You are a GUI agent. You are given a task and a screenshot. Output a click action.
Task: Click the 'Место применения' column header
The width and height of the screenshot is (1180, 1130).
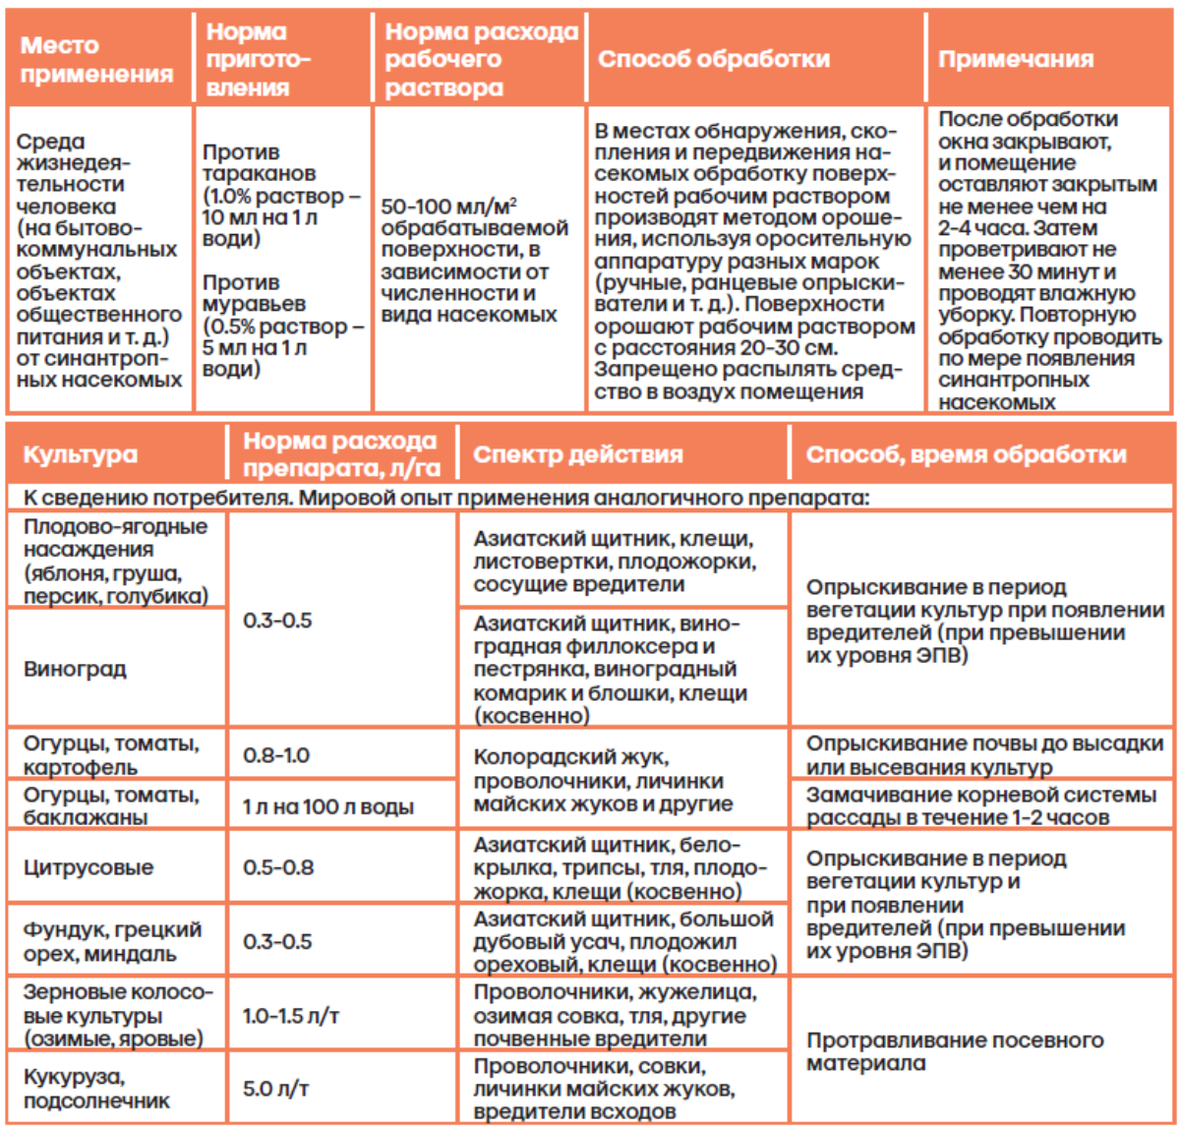[96, 59]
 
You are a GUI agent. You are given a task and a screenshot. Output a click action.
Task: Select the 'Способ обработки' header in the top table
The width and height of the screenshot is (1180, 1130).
[714, 59]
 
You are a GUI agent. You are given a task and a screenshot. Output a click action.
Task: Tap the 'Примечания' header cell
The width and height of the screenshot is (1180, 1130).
[1015, 59]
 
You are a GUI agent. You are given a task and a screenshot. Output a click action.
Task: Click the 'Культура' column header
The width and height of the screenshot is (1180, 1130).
[80, 454]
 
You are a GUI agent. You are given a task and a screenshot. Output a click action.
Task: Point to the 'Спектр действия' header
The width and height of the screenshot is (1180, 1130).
[577, 454]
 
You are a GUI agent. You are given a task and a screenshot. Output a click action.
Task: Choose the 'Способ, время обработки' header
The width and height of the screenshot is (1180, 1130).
[966, 454]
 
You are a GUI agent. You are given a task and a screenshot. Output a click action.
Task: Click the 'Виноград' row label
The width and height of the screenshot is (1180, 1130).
[75, 669]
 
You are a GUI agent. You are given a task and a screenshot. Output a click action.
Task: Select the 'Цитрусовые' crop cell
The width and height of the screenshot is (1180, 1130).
[88, 867]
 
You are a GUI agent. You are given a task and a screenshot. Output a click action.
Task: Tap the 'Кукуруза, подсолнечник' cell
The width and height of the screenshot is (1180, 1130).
[96, 1089]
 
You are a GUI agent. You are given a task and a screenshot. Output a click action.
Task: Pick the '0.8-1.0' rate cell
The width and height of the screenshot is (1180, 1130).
[276, 755]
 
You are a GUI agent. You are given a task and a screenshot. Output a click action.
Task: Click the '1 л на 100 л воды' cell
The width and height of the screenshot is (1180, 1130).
[328, 807]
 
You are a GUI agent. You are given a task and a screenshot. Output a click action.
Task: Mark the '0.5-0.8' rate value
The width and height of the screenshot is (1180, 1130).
[278, 867]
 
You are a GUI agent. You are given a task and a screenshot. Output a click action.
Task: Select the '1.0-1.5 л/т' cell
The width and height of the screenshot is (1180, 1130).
[291, 1015]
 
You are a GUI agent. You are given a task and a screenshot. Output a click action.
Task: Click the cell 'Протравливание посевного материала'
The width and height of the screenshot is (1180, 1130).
[954, 1051]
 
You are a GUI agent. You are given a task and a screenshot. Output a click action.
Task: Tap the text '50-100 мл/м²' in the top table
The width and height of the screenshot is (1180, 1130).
[448, 207]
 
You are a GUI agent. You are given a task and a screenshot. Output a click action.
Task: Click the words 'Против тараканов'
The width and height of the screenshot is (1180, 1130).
[259, 163]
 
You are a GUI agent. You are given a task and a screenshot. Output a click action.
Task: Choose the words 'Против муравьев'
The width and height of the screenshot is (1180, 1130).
[254, 293]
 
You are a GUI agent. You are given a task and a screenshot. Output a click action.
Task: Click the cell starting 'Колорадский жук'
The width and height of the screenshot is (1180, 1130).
[603, 781]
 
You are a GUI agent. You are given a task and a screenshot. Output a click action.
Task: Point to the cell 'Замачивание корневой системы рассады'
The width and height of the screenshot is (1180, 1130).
[980, 805]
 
